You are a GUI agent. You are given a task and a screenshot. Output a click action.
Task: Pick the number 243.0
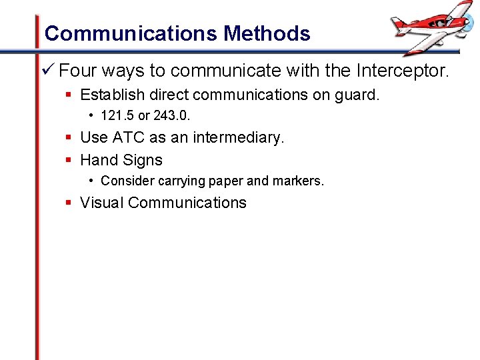(172, 116)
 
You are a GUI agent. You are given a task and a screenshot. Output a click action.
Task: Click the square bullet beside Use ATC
(69, 138)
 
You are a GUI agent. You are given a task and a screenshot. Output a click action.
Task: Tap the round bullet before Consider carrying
(91, 181)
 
